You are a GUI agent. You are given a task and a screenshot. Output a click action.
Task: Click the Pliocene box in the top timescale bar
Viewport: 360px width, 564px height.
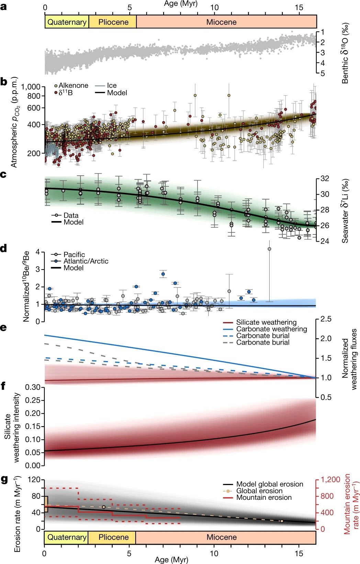point(113,22)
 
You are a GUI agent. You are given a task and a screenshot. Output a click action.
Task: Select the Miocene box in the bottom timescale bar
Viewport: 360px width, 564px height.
point(222,537)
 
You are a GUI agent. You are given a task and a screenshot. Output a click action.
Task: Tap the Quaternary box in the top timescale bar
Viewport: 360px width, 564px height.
point(67,22)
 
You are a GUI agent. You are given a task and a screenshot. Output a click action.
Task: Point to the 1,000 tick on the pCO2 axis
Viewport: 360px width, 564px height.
point(31,87)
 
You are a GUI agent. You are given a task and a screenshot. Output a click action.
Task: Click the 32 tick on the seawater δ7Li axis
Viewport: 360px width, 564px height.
point(325,179)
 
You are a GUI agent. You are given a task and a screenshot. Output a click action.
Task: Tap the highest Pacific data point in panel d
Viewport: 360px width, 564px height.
point(269,249)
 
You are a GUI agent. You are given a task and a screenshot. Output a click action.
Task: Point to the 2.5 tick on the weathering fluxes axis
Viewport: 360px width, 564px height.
point(326,319)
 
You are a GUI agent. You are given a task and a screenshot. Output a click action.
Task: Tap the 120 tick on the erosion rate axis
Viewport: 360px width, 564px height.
point(34,480)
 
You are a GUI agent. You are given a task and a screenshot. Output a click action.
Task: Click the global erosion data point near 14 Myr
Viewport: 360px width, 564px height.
point(282,521)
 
